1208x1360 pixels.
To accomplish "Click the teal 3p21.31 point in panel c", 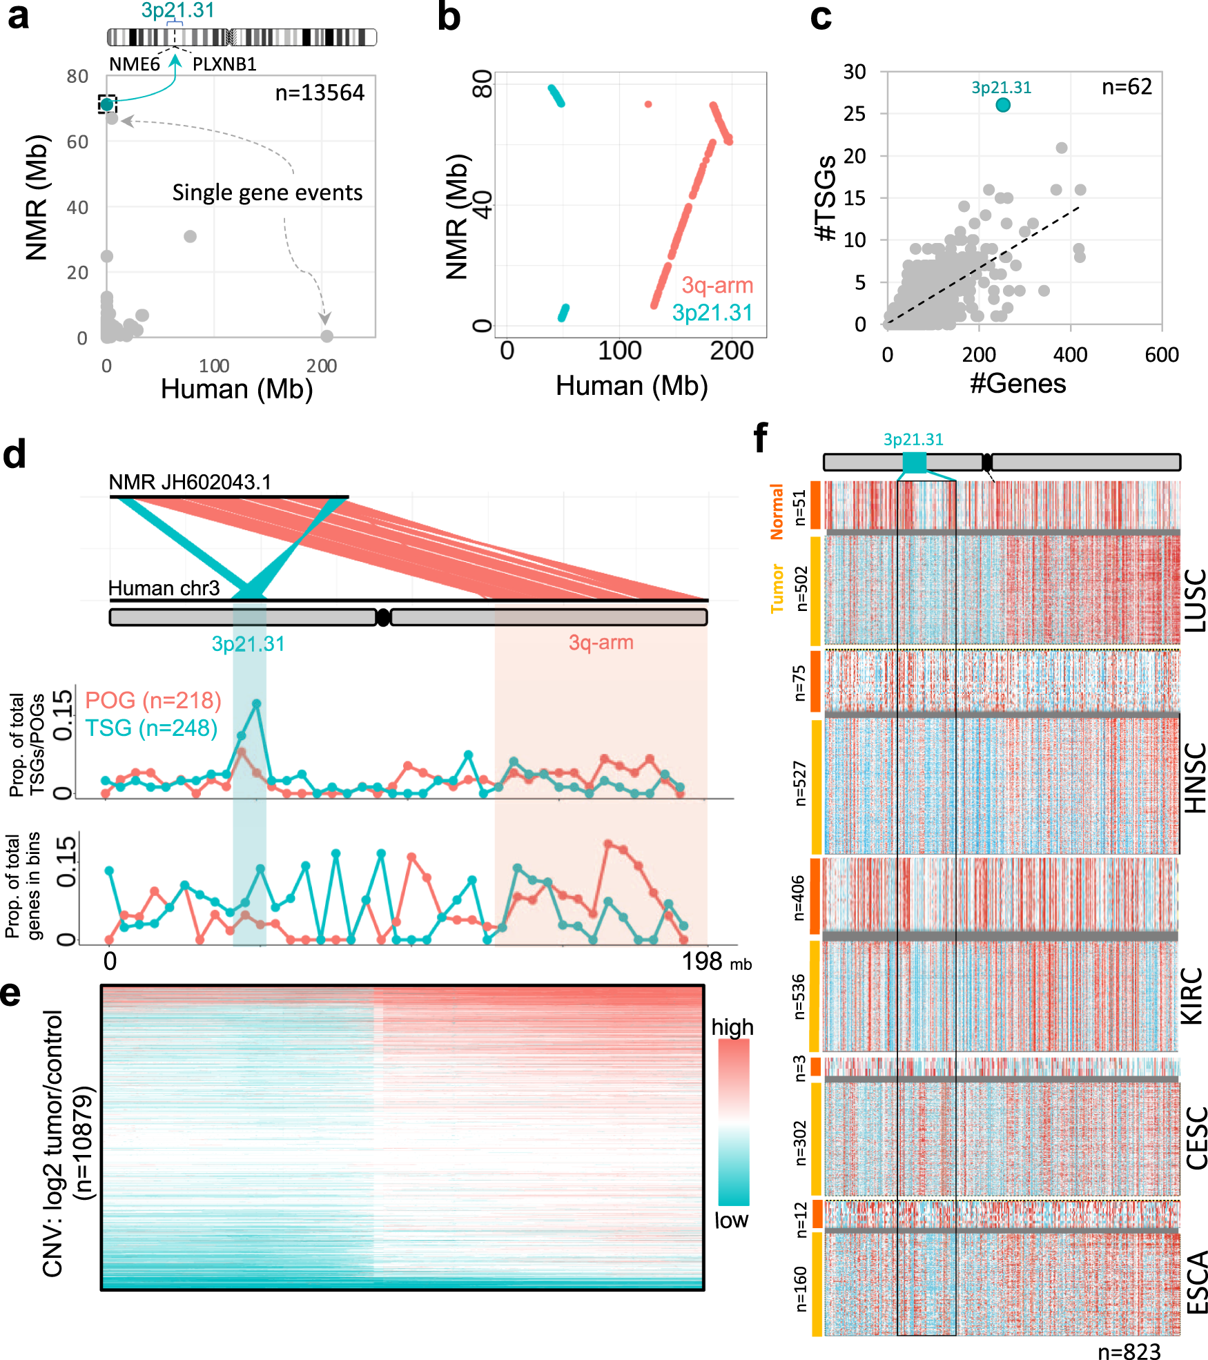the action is click(1003, 105).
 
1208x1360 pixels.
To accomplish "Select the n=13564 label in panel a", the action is click(320, 93).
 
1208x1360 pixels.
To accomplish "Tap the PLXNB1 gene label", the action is click(224, 64).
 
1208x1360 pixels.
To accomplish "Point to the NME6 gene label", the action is click(135, 64).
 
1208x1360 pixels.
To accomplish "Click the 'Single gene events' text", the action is click(267, 193).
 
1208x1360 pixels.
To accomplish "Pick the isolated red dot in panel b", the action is click(648, 104).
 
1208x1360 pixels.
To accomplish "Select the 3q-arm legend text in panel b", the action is click(717, 285).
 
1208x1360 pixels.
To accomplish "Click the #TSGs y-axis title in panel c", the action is click(826, 198).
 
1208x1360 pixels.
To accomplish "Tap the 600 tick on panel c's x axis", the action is click(1162, 355).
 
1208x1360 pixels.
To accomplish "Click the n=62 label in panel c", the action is click(1127, 87).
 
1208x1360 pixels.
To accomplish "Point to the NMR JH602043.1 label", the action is click(190, 482).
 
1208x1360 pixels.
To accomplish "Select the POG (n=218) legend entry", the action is click(153, 700).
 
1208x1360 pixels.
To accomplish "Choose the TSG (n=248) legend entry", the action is click(151, 728).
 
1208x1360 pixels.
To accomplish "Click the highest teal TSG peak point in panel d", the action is click(257, 703).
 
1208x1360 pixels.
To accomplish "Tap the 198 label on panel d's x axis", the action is click(702, 961).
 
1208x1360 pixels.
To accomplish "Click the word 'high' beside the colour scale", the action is click(732, 1027).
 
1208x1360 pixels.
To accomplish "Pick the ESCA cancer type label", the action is click(1196, 1282).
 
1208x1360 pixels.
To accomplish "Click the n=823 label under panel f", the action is click(1129, 1352).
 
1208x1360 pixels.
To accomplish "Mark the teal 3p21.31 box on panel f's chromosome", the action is click(914, 463).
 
